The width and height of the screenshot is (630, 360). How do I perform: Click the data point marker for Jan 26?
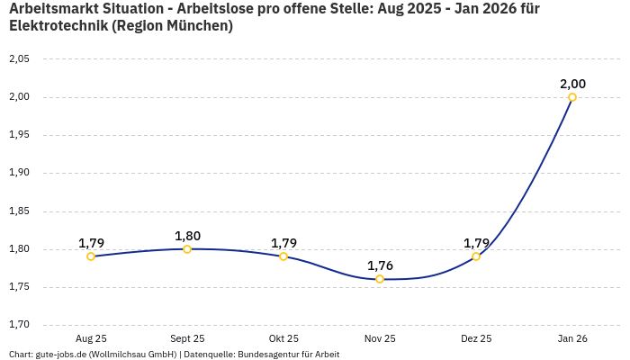pos(572,97)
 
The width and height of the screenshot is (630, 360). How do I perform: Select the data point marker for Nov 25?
pos(380,279)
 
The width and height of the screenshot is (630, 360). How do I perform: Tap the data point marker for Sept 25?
pos(187,249)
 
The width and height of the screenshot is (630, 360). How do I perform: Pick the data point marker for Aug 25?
pos(91,256)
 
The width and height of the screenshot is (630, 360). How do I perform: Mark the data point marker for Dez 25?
pos(476,256)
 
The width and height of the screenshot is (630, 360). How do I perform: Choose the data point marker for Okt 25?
pos(283,256)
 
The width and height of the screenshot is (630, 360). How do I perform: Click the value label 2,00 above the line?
pos(572,84)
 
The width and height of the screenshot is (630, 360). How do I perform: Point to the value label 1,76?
pos(380,265)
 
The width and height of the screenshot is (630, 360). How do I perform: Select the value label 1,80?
pos(187,236)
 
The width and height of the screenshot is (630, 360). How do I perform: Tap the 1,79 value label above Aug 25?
pos(91,243)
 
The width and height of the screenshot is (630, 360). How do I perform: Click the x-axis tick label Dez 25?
pos(476,338)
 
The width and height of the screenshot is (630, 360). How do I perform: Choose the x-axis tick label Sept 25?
pos(187,338)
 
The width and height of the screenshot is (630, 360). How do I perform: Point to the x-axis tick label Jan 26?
pos(572,338)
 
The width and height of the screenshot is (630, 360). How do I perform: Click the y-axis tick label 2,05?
pos(19,59)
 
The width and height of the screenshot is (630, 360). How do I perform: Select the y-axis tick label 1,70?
pos(19,325)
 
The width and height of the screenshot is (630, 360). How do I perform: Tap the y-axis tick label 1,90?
pos(19,173)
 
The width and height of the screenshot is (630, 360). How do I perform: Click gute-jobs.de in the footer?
pos(60,355)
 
